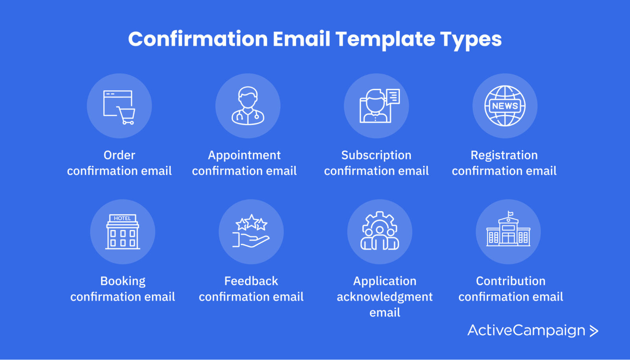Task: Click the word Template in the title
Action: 385,39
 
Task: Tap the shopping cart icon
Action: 126,115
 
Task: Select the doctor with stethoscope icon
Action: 248,106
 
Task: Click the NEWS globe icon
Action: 505,106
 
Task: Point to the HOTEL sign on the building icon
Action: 122,218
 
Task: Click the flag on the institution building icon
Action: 510,214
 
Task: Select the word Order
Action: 119,155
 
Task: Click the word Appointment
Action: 244,155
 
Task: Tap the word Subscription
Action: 376,155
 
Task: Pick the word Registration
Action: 504,155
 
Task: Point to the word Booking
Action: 122,281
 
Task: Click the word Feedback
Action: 251,281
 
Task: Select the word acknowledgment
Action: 384,297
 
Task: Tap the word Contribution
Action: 511,281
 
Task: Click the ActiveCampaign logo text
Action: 526,330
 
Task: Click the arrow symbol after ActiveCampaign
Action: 594,331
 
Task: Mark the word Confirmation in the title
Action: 198,39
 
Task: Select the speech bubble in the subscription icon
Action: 393,96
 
